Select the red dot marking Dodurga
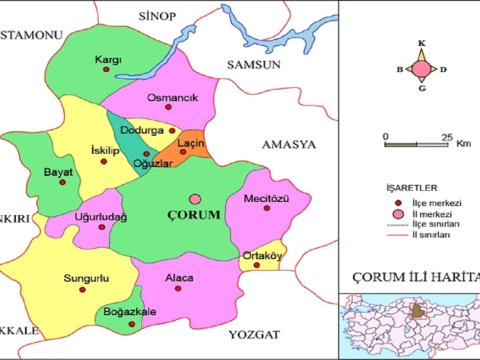point(172,131)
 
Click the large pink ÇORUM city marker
point(195,199)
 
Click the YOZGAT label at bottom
point(250,332)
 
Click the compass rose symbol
point(422,69)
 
